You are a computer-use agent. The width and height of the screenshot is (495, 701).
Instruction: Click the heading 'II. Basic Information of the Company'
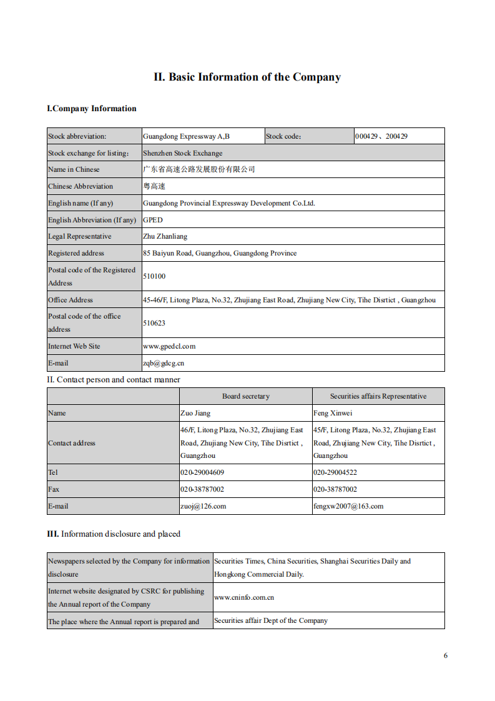(x=247, y=77)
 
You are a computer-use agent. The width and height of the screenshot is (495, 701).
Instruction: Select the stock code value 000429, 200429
(x=381, y=136)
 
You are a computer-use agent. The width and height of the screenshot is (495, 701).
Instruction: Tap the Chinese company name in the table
(x=199, y=169)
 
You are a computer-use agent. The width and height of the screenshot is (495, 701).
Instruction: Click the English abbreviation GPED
(x=153, y=220)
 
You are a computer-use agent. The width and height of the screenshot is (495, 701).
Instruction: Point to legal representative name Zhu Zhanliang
(x=165, y=237)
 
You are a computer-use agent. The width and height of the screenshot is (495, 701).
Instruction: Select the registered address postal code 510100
(x=154, y=276)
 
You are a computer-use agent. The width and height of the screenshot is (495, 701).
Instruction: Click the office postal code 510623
(x=154, y=323)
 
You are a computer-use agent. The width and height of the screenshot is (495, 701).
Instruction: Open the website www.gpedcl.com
(x=169, y=346)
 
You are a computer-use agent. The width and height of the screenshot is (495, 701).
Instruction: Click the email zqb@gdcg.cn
(x=164, y=363)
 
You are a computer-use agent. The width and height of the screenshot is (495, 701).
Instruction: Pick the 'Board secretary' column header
(x=246, y=396)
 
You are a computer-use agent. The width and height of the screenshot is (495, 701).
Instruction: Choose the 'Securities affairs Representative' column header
(x=378, y=396)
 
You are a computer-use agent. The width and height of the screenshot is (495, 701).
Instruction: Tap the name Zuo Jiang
(x=195, y=413)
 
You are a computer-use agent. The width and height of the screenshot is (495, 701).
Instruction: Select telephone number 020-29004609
(x=202, y=472)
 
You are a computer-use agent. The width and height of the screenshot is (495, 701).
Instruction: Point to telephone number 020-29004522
(x=335, y=472)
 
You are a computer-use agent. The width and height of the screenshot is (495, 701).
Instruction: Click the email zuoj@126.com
(x=203, y=506)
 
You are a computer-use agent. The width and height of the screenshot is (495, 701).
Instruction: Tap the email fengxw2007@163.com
(x=348, y=506)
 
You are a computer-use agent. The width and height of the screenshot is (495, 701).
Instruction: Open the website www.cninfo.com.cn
(x=244, y=597)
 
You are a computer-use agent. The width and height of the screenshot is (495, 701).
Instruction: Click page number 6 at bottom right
(x=446, y=655)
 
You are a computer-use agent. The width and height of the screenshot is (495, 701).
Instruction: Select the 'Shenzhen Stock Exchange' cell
(x=182, y=153)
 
